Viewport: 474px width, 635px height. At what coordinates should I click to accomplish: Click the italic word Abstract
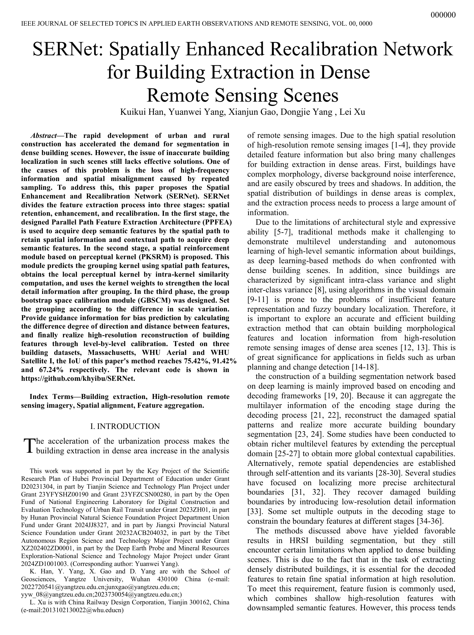click(43, 136)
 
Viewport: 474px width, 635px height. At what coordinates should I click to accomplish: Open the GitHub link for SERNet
click(78, 379)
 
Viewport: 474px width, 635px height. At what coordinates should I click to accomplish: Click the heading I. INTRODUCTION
click(125, 426)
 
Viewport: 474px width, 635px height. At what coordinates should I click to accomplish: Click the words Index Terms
click(50, 397)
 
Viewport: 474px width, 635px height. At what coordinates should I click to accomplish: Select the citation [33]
click(254, 512)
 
